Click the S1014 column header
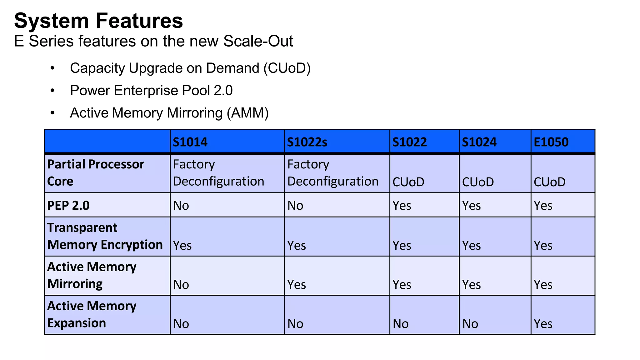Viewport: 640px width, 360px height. click(x=190, y=142)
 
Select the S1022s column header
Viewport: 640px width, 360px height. click(x=307, y=142)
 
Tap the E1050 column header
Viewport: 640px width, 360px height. click(x=551, y=142)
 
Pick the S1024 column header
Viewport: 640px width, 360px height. click(x=479, y=142)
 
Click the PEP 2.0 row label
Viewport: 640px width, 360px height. click(x=68, y=206)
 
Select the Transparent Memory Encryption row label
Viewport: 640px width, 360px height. click(x=105, y=236)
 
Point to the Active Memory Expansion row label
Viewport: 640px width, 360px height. click(x=92, y=314)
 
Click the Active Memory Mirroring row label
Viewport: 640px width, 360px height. click(x=92, y=275)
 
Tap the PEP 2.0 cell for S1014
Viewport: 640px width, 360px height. click(x=181, y=206)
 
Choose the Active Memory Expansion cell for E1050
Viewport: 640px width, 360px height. click(x=543, y=324)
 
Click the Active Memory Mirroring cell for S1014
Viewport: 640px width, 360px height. click(x=181, y=285)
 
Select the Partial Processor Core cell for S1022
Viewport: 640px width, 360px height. click(x=408, y=182)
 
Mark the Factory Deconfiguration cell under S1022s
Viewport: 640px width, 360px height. click(x=332, y=173)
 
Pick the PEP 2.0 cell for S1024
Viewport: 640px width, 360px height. click(x=471, y=206)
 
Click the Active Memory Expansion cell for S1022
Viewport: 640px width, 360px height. click(x=401, y=324)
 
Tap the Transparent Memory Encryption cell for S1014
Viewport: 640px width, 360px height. click(x=182, y=246)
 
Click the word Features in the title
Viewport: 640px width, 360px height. click(x=139, y=21)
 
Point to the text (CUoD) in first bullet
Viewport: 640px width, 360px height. click(x=287, y=68)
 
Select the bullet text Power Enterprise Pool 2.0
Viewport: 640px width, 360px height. click(x=151, y=91)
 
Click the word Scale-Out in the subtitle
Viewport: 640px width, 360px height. click(x=258, y=41)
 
